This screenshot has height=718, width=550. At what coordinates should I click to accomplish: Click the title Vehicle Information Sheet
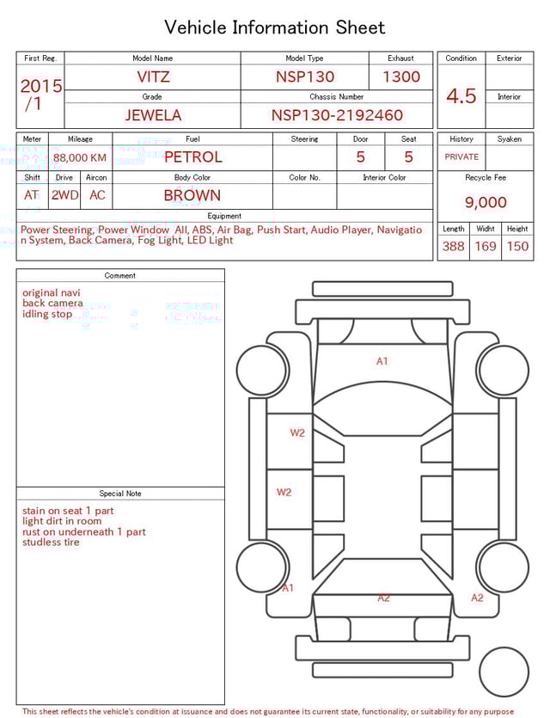pyautogui.click(x=274, y=28)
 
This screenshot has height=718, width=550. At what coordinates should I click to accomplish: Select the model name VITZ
pyautogui.click(x=153, y=77)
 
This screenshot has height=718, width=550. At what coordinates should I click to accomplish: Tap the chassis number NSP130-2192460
pyautogui.click(x=337, y=115)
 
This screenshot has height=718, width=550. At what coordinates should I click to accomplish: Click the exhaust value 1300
pyautogui.click(x=401, y=77)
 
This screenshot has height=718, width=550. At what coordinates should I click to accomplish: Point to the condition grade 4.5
pyautogui.click(x=461, y=95)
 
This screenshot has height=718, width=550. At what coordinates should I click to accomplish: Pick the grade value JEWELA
pyautogui.click(x=153, y=115)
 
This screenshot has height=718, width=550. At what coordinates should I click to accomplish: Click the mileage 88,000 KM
pyautogui.click(x=80, y=157)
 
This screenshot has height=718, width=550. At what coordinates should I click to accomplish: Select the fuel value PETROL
pyautogui.click(x=192, y=157)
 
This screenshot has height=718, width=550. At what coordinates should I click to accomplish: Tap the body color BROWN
pyautogui.click(x=192, y=195)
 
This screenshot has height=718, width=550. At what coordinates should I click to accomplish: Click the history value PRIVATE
pyautogui.click(x=461, y=157)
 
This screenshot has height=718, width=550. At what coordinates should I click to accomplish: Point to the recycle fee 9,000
pyautogui.click(x=486, y=203)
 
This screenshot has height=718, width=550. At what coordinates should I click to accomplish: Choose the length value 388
pyautogui.click(x=453, y=246)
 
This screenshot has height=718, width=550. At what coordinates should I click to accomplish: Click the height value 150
pyautogui.click(x=517, y=246)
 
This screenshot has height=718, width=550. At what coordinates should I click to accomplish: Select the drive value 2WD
pyautogui.click(x=64, y=195)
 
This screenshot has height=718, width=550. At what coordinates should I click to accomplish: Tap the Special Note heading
pyautogui.click(x=120, y=494)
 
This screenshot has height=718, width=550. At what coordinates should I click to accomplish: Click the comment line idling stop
pyautogui.click(x=47, y=314)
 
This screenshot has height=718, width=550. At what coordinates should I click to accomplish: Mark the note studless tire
pyautogui.click(x=51, y=543)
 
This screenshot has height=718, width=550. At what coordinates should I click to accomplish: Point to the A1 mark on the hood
pyautogui.click(x=382, y=361)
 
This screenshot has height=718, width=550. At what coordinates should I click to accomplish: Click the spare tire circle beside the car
pyautogui.click(x=504, y=672)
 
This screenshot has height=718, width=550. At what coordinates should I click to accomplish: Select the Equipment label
pyautogui.click(x=224, y=216)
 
